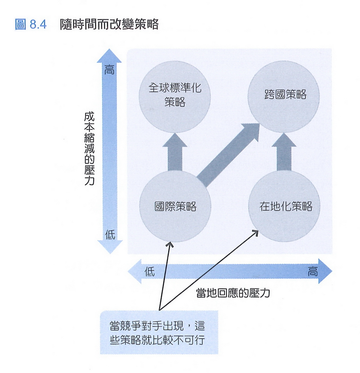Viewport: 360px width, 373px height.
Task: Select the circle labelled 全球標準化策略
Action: pyautogui.click(x=175, y=94)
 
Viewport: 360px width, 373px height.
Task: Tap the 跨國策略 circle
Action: pyautogui.click(x=285, y=95)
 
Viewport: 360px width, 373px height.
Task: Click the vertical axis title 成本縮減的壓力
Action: pyautogui.click(x=90, y=149)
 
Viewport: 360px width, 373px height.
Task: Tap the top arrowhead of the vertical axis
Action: pyautogui.click(x=109, y=55)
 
